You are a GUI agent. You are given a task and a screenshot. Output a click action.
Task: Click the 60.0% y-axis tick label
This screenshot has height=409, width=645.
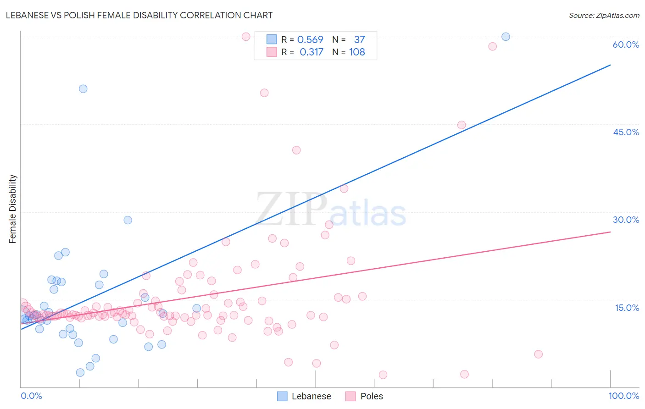point(626,44)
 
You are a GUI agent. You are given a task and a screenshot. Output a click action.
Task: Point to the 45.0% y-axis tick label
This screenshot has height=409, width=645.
point(626,132)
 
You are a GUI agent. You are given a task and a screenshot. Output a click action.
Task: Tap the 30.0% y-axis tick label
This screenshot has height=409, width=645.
point(626,220)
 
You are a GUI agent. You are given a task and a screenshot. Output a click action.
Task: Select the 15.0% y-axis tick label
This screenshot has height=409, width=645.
point(627,308)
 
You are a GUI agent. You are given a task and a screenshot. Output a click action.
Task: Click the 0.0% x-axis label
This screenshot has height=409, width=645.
point(31,396)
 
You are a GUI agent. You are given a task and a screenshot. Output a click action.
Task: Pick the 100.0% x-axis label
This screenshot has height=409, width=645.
point(623,396)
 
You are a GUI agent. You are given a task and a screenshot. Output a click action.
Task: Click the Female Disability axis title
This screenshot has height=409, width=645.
point(13,209)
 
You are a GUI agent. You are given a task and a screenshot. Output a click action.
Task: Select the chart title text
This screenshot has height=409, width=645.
point(139,15)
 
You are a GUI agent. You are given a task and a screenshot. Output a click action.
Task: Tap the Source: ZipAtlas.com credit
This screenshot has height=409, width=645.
point(604,16)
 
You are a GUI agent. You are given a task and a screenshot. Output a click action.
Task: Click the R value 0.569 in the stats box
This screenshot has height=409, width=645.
point(310,40)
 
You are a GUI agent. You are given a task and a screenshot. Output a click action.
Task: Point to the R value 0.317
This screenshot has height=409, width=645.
point(311,52)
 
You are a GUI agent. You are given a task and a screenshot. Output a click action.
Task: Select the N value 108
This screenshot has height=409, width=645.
point(357,52)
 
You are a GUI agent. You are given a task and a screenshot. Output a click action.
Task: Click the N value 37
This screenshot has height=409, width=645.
point(359,40)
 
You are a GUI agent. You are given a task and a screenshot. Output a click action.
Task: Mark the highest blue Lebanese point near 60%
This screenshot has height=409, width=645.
point(506,37)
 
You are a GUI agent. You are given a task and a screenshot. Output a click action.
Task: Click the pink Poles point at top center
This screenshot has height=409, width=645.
point(246,37)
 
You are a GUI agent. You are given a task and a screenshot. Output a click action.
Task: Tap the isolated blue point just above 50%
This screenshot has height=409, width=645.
point(83,89)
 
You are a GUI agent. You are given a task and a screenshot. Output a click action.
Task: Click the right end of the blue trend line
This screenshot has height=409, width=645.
point(610,65)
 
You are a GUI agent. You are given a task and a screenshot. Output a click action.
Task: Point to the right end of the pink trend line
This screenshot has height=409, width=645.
point(610,232)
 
